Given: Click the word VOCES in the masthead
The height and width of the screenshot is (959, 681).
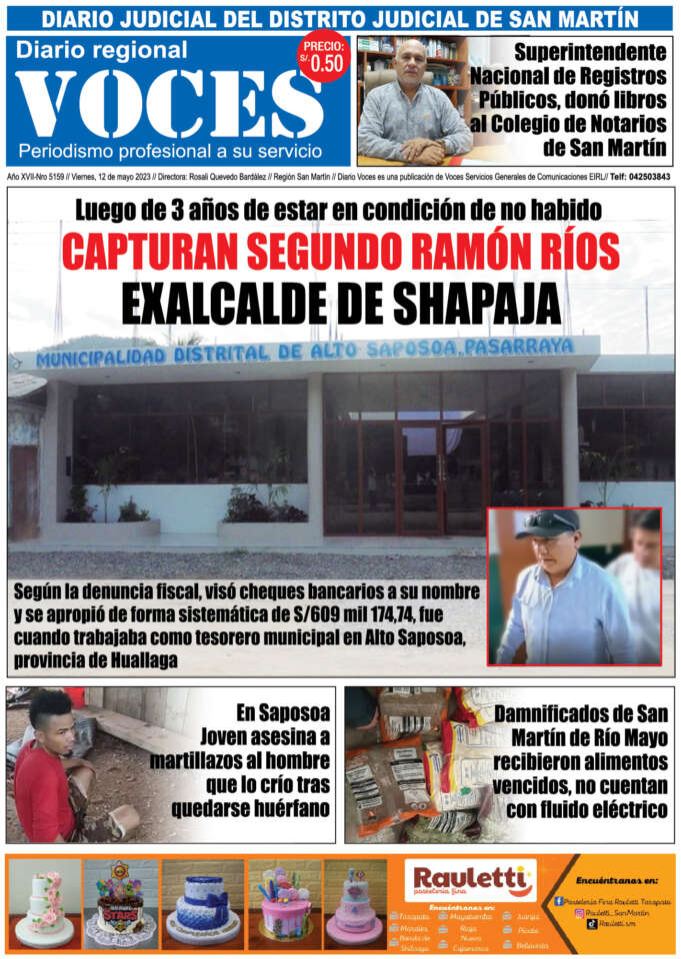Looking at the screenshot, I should click(x=170, y=103).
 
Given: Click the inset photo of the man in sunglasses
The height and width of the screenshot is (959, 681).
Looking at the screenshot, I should click(x=575, y=587).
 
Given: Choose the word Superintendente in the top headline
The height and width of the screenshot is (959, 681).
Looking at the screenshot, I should click(x=590, y=52).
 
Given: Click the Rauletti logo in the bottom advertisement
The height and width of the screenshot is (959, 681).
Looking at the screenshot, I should click(x=470, y=881).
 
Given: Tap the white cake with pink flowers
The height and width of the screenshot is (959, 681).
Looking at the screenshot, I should click(x=44, y=904).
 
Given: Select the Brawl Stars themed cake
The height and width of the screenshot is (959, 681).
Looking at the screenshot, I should click(x=120, y=904).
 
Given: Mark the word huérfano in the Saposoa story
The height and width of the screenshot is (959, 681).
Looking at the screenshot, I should click(x=286, y=809).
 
